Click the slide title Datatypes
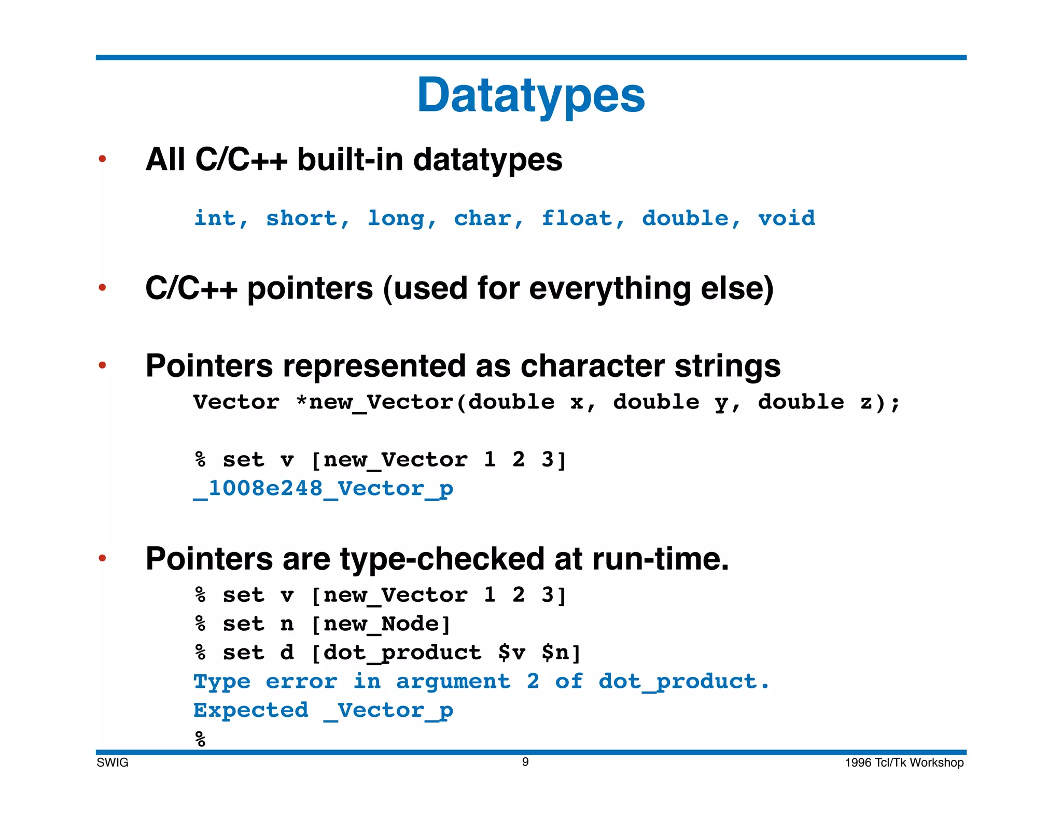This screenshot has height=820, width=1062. pyautogui.click(x=530, y=96)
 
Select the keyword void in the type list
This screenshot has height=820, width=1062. pyautogui.click(x=786, y=218)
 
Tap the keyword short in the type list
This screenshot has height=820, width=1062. pyautogui.click(x=302, y=218)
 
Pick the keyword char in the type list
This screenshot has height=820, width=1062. pyautogui.click(x=483, y=218)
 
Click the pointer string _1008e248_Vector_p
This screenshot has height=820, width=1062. pyautogui.click(x=323, y=489)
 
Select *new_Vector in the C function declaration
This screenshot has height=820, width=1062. pyautogui.click(x=373, y=403)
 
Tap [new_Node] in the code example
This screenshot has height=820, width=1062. pyautogui.click(x=381, y=624)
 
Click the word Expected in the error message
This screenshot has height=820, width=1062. pyautogui.click(x=251, y=711)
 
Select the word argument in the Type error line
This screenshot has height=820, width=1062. pyautogui.click(x=453, y=682)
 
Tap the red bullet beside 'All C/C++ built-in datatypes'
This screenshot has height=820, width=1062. pyautogui.click(x=102, y=159)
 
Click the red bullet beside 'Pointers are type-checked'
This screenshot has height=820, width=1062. pyautogui.click(x=102, y=558)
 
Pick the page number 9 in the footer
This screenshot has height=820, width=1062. pyautogui.click(x=525, y=762)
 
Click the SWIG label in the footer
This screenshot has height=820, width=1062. pyautogui.click(x=113, y=762)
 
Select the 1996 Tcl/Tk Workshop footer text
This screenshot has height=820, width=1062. pyautogui.click(x=904, y=762)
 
